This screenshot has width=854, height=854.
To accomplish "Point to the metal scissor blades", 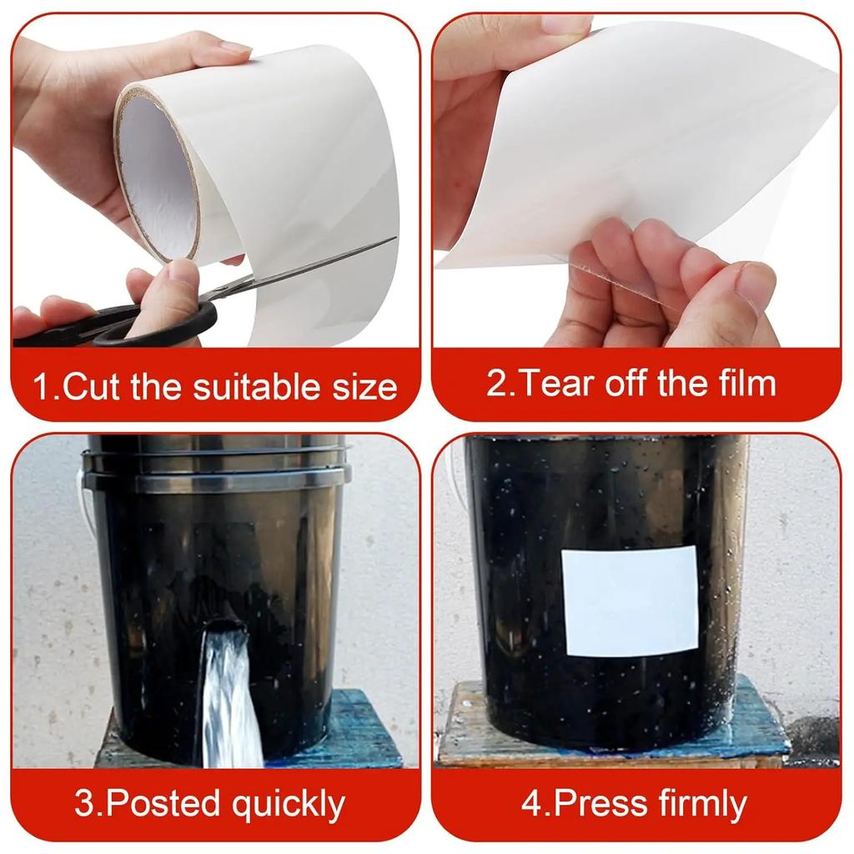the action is [x=305, y=266].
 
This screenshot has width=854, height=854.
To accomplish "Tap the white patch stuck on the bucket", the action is [x=631, y=600].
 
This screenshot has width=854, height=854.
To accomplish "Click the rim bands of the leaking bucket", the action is [x=215, y=463].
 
